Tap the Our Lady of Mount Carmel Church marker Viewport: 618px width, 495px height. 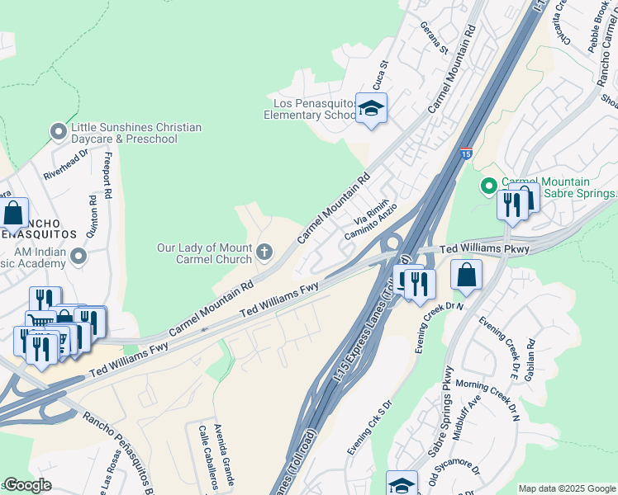tap(264, 251)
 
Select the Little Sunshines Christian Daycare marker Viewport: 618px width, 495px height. tap(58, 131)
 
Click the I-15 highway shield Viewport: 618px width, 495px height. tap(466, 153)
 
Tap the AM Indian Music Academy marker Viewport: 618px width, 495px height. tap(78, 256)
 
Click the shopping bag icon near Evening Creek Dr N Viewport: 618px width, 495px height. tap(467, 276)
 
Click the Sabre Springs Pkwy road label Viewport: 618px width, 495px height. tap(439, 405)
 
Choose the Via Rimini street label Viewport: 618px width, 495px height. tap(371, 217)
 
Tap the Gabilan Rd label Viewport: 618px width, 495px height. tap(530, 360)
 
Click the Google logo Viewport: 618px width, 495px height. tap(27, 485)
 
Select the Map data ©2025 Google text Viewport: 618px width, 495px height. tap(567, 488)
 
